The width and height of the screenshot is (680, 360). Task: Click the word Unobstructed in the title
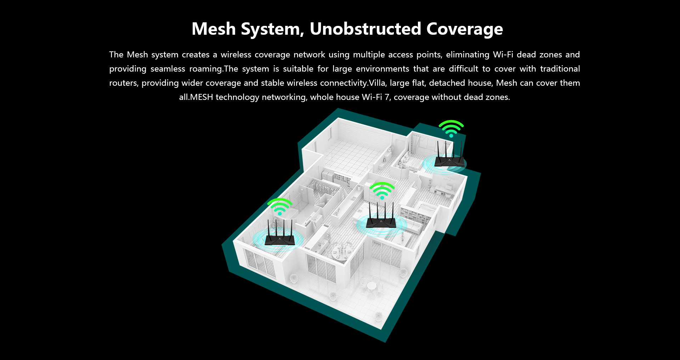(x=365, y=29)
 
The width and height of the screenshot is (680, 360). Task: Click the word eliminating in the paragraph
(x=467, y=55)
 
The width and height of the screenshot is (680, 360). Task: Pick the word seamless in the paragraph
(x=168, y=69)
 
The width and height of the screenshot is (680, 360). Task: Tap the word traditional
(x=560, y=69)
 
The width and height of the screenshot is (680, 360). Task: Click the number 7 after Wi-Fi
(x=387, y=97)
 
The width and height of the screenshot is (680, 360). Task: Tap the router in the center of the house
(x=381, y=217)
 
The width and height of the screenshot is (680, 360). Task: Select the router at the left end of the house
(x=280, y=234)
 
